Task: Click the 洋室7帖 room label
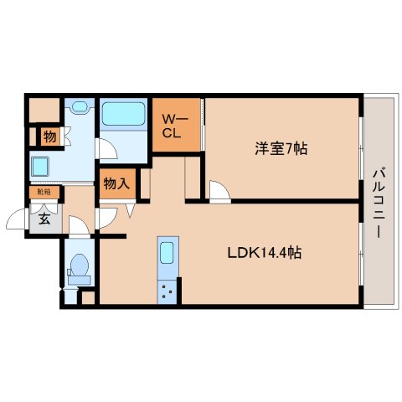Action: coord(281,149)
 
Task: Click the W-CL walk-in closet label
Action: coord(173,126)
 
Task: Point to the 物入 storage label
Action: coord(116,183)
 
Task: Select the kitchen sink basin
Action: coord(165,253)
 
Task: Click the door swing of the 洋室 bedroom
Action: coord(219,192)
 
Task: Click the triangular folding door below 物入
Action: coord(130,210)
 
